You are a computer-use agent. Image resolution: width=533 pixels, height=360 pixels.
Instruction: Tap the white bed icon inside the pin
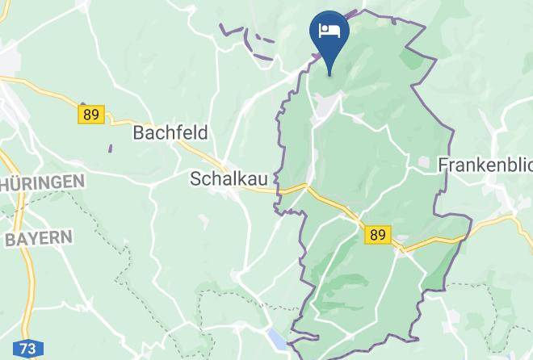[329, 31]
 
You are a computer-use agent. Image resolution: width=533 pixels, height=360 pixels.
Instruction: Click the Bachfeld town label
[170, 132]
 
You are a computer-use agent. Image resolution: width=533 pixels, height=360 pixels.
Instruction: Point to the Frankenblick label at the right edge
[485, 165]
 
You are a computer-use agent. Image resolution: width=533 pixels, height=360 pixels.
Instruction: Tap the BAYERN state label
[39, 239]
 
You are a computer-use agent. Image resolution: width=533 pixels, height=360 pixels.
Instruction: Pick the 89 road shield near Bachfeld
[91, 114]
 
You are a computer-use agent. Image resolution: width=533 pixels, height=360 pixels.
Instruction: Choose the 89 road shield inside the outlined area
[377, 234]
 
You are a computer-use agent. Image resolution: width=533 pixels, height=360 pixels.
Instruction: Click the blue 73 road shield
[28, 350]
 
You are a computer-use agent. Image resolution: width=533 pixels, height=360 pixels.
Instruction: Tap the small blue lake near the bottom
[276, 340]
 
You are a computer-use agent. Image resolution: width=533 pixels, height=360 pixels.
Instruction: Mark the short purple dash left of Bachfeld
[110, 148]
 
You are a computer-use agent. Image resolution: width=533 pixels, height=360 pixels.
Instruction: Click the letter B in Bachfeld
[139, 132]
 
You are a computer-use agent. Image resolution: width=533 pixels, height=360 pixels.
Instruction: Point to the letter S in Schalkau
[196, 178]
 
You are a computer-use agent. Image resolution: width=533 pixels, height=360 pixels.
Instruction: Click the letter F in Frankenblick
[443, 165]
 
